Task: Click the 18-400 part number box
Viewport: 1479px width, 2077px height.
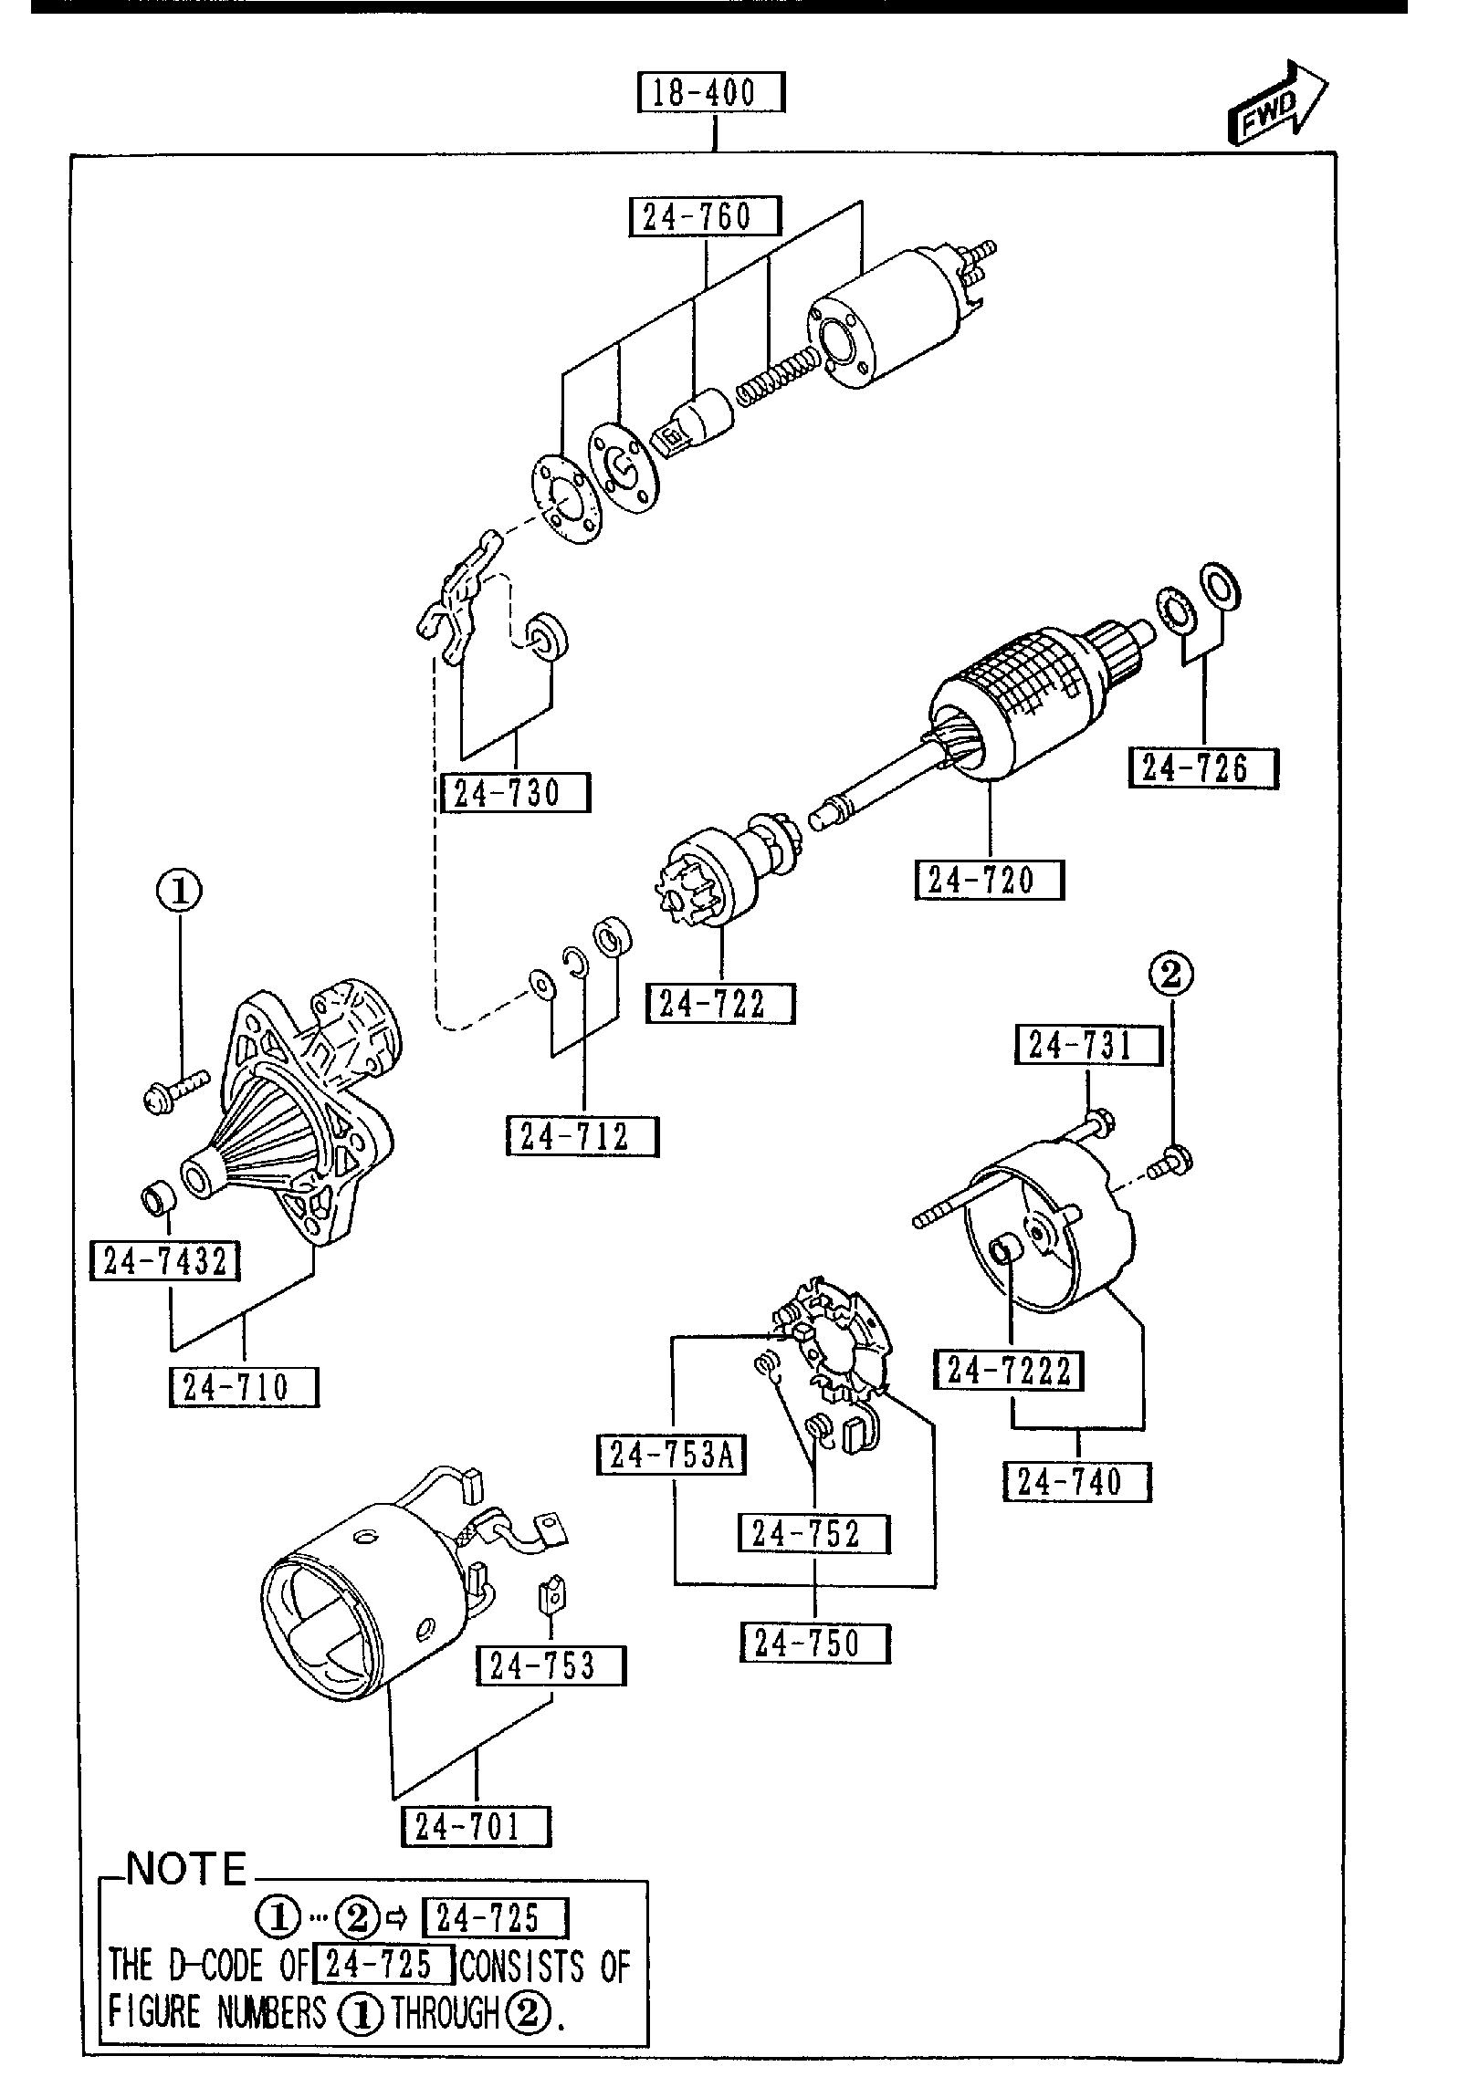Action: coord(710,93)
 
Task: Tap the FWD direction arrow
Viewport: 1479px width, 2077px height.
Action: coord(1276,105)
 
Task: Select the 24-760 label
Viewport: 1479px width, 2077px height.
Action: coord(705,217)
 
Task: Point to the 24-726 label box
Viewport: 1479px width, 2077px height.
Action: coord(1203,767)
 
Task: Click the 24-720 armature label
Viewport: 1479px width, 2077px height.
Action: coord(990,881)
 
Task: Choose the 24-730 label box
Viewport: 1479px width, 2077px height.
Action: coord(515,793)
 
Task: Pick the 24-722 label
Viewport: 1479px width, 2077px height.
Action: coord(720,1004)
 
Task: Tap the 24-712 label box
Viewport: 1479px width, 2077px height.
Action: coord(582,1137)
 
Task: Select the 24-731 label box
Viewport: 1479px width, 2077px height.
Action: coord(1088,1045)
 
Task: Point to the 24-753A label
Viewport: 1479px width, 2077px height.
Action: coord(671,1456)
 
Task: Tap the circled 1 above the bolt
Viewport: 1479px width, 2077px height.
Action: coord(180,891)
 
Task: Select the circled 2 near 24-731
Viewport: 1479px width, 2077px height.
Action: coord(1171,976)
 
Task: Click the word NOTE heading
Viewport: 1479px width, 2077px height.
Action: coord(186,1870)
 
